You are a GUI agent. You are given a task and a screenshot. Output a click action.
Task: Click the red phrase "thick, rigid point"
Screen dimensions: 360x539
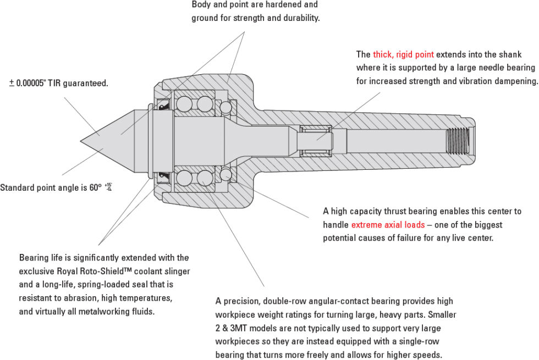403,54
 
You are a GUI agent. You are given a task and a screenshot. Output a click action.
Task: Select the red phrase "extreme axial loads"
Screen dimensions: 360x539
388,225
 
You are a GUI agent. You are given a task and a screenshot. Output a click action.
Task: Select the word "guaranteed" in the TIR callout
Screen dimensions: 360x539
88,84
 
